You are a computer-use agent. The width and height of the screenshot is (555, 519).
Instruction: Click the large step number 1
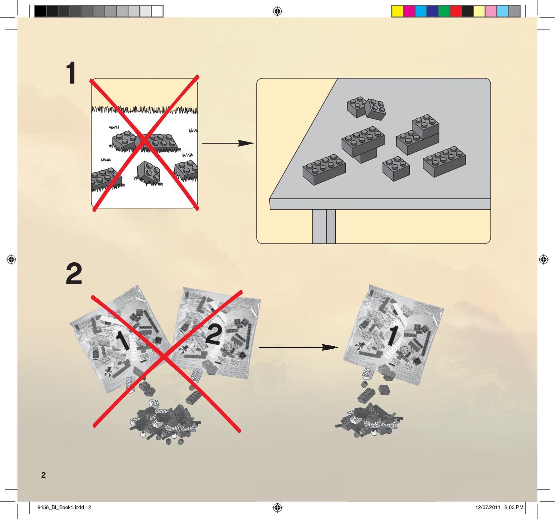coord(71,73)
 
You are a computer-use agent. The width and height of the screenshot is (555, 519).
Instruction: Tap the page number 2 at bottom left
coord(43,475)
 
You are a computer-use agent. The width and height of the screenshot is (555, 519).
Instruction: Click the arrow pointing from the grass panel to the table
coord(227,143)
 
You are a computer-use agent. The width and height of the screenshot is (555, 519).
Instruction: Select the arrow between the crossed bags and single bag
coord(298,347)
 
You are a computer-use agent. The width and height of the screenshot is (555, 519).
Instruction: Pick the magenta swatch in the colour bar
coord(409,12)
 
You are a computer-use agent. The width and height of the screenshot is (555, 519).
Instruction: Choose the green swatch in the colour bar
coord(444,12)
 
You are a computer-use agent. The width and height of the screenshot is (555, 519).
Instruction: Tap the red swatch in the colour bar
coord(456,12)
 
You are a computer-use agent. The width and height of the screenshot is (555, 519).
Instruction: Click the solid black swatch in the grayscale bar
coord(40,12)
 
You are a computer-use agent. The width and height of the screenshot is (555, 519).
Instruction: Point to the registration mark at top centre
coord(277,12)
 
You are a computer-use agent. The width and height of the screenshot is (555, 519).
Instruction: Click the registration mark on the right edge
coord(543,259)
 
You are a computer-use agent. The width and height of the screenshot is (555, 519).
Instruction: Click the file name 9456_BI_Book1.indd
coord(61,507)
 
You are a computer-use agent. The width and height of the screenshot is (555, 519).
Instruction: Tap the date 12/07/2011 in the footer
coord(488,507)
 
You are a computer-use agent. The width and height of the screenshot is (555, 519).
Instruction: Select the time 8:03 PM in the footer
coord(514,507)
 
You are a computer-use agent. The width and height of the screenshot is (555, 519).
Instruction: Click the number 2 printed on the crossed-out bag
coord(214,335)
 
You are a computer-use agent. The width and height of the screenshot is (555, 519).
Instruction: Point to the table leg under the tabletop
coord(324,226)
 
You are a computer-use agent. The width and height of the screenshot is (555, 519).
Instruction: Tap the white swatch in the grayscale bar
coord(157,12)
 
